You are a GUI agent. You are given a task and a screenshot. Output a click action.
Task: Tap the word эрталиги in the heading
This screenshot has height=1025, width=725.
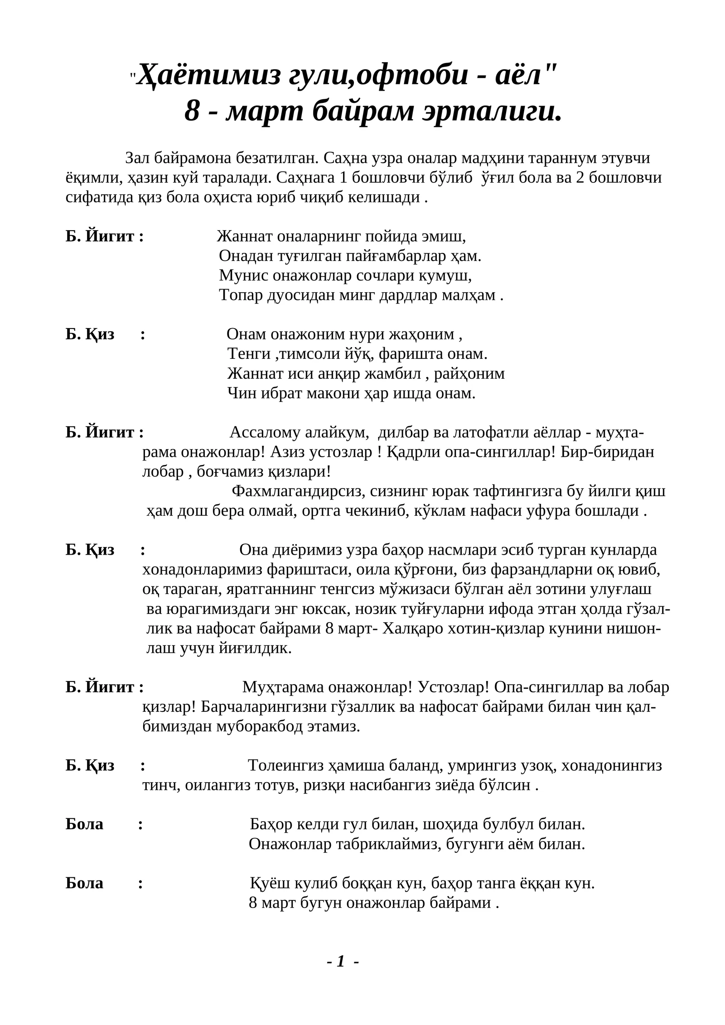point(492,111)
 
